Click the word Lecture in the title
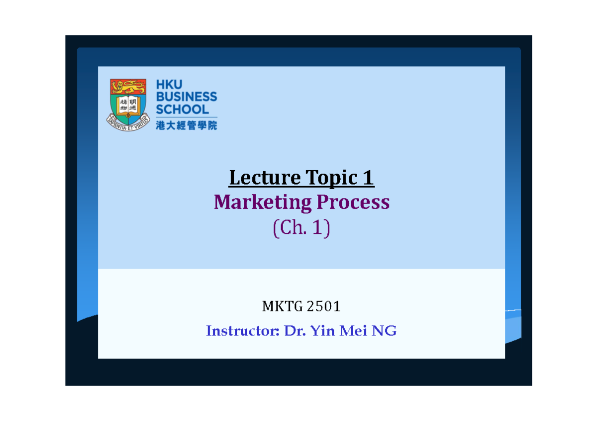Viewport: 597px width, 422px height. point(264,178)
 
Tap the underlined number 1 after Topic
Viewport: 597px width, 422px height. point(369,178)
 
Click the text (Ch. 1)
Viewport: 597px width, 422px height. point(301,229)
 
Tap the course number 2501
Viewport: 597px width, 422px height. point(323,307)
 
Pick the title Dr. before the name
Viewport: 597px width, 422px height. point(295,331)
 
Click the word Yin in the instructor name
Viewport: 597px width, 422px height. point(322,331)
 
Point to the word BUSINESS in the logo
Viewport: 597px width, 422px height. point(187,97)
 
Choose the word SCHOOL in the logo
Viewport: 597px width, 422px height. point(183,109)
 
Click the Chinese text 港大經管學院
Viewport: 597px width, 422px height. point(187,125)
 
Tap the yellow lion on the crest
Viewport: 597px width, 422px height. point(128,88)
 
